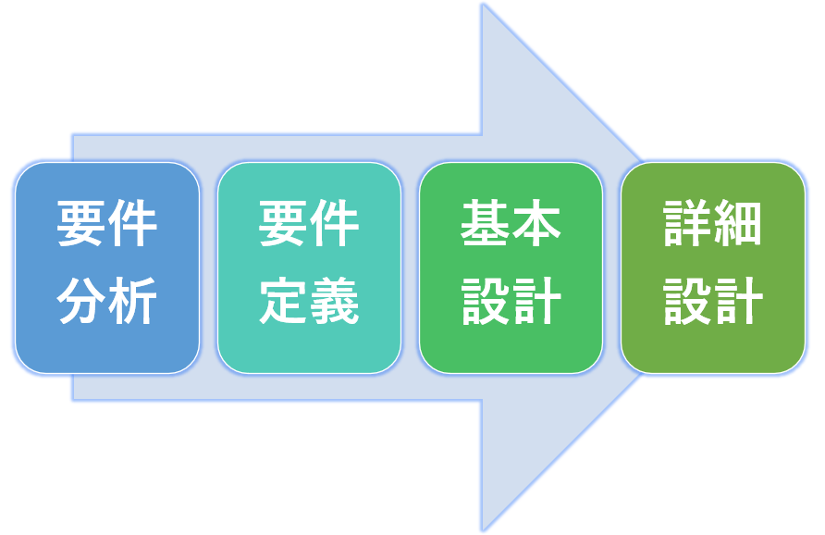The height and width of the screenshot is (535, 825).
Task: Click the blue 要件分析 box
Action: [x=107, y=267]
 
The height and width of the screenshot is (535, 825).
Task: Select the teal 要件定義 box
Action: [x=309, y=267]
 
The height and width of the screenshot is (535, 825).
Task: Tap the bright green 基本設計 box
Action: [x=511, y=267]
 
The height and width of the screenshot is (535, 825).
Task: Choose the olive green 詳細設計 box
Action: [x=713, y=267]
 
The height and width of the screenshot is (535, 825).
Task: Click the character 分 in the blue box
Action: [x=81, y=301]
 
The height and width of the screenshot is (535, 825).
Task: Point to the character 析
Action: [x=132, y=301]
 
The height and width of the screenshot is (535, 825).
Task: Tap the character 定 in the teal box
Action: [x=284, y=301]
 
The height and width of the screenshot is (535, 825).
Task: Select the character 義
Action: [x=335, y=301]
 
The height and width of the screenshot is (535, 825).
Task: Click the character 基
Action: [x=486, y=223]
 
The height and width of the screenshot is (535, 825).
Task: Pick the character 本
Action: [x=536, y=223]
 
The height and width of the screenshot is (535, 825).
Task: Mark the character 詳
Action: [x=688, y=223]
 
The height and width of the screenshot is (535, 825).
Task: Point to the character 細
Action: [x=738, y=223]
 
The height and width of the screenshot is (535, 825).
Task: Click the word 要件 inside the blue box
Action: [x=107, y=223]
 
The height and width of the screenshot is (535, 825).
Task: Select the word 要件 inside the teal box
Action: [x=309, y=223]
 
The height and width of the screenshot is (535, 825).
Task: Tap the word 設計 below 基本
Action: [x=511, y=301]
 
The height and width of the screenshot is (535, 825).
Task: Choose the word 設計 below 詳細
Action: [x=713, y=301]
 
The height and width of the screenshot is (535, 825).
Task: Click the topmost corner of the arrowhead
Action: [x=483, y=5]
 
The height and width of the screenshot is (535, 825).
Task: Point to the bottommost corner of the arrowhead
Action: [x=483, y=530]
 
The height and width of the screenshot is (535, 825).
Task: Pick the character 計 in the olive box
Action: [x=739, y=301]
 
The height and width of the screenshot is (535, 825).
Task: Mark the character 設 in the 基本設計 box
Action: [x=486, y=301]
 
